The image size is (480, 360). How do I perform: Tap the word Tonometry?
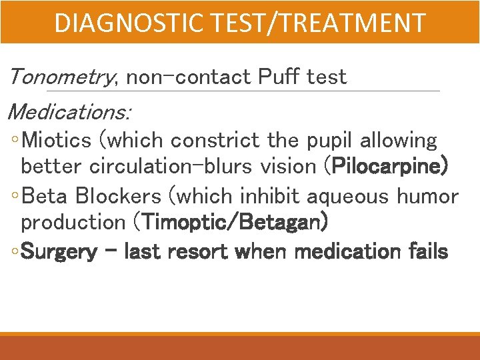[62, 77]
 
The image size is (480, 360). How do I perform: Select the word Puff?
[278, 77]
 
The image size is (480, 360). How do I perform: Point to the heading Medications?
[70, 111]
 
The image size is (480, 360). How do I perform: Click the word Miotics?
[56, 141]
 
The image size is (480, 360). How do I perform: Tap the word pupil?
[327, 141]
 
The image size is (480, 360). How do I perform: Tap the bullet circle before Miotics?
[15, 141]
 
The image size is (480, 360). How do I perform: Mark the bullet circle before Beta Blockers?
[15, 197]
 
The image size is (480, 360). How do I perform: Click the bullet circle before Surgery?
[15, 253]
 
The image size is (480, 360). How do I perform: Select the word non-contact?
[187, 77]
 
